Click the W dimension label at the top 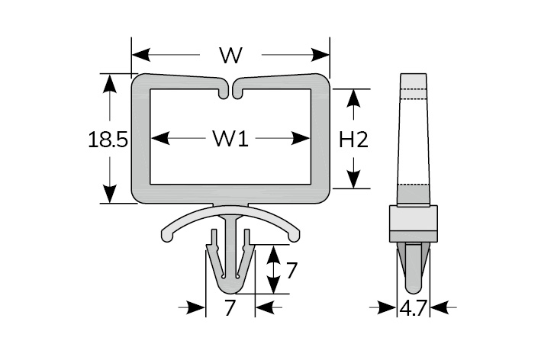click(x=231, y=55)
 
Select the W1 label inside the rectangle click(x=230, y=139)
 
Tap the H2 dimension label click(x=353, y=140)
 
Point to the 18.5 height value click(x=108, y=140)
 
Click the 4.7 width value click(x=414, y=307)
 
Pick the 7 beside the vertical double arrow click(x=291, y=270)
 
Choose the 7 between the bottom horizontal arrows click(x=230, y=307)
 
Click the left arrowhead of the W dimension click(x=141, y=55)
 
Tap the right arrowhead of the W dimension click(x=320, y=55)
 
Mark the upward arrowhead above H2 click(x=353, y=98)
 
